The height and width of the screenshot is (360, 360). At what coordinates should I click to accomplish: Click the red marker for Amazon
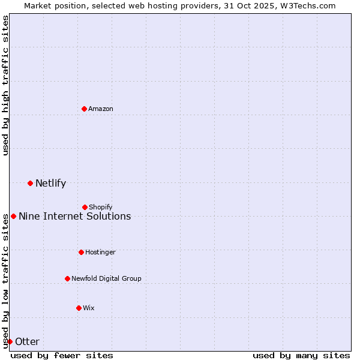pyautogui.click(x=84, y=109)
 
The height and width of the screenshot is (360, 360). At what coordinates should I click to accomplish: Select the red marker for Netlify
pyautogui.click(x=30, y=183)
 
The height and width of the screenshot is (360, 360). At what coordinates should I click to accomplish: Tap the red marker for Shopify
pyautogui.click(x=85, y=207)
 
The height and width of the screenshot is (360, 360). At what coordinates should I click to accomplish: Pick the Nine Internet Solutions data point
pyautogui.click(x=13, y=216)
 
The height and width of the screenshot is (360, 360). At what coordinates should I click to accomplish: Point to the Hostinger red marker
pyautogui.click(x=81, y=252)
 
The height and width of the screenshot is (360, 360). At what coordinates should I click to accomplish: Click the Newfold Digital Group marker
pyautogui.click(x=67, y=278)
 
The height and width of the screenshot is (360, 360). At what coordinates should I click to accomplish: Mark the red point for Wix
pyautogui.click(x=79, y=308)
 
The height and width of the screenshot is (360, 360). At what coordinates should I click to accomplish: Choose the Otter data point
pyautogui.click(x=10, y=341)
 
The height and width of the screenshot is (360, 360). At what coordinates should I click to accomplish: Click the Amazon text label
pyautogui.click(x=101, y=109)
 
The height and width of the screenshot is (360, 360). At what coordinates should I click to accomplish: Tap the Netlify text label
pyautogui.click(x=50, y=184)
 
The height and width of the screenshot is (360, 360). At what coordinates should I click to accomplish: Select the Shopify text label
pyautogui.click(x=101, y=207)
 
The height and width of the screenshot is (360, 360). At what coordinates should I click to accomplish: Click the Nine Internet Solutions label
pyautogui.click(x=74, y=217)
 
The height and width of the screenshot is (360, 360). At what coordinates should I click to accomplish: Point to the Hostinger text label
pyautogui.click(x=100, y=252)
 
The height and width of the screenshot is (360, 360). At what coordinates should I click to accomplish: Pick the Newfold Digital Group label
pyautogui.click(x=106, y=278)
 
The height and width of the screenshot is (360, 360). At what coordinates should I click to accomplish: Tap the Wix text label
pyautogui.click(x=89, y=308)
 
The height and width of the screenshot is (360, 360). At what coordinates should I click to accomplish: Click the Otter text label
pyautogui.click(x=27, y=342)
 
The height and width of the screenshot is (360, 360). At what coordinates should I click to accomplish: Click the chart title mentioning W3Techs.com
pyautogui.click(x=180, y=5)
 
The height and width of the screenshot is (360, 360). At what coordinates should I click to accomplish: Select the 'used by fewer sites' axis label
pyautogui.click(x=62, y=355)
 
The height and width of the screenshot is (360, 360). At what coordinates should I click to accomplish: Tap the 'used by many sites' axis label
pyautogui.click(x=301, y=355)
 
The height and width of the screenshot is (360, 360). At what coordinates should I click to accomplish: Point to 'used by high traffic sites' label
pyautogui.click(x=5, y=86)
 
